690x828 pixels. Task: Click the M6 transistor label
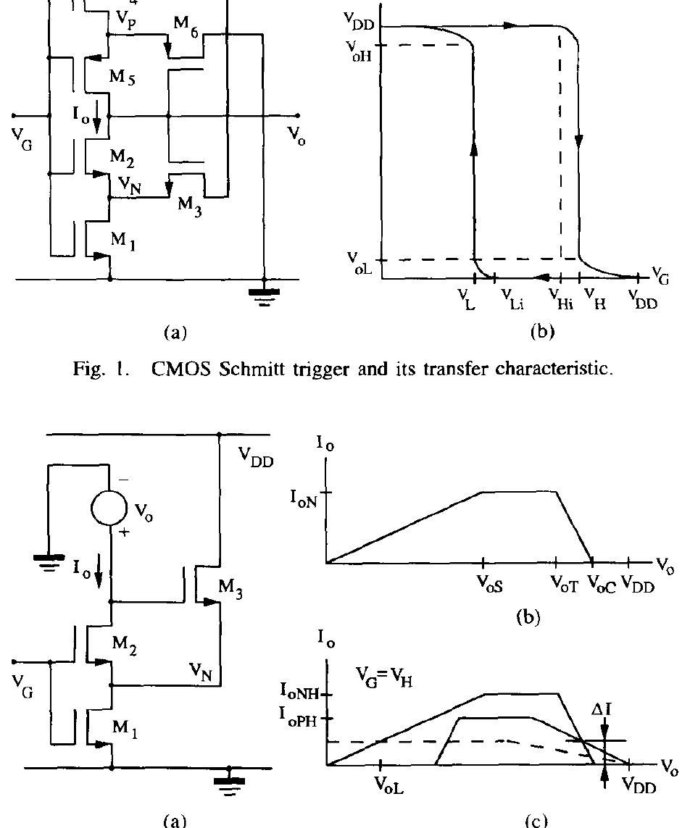coord(186,24)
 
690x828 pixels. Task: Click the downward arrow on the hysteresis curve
coord(578,138)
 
